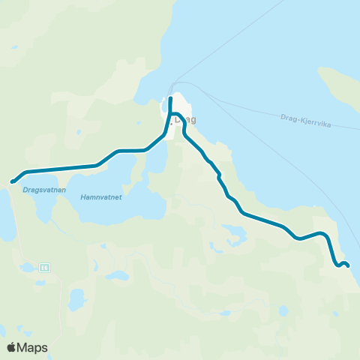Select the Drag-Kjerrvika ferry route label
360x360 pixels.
[x=306, y=118]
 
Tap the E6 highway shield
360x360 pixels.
[x=45, y=266]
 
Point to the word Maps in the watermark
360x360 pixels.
[x=32, y=347]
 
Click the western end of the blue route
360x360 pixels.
[x=12, y=181]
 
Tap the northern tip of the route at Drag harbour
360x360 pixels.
[x=171, y=98]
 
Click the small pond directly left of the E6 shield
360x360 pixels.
[x=28, y=267]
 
